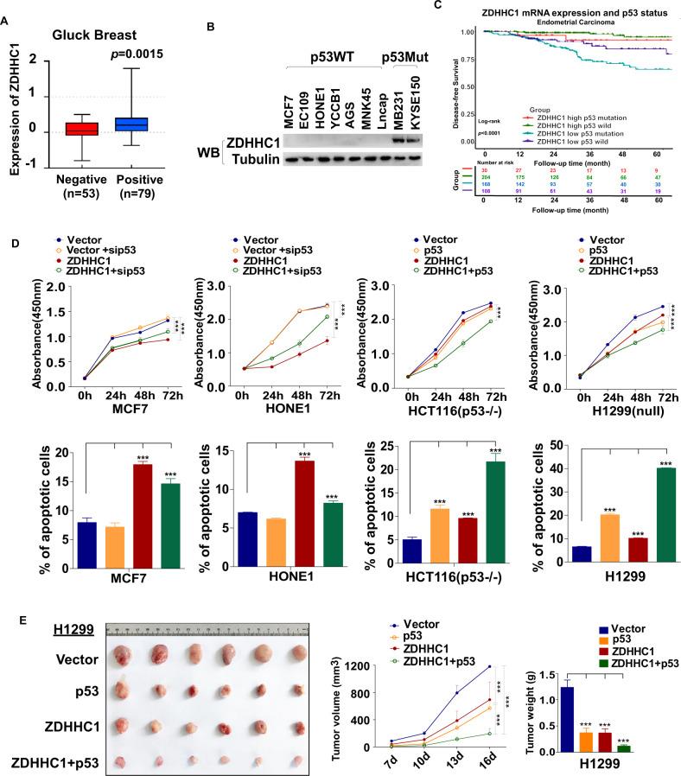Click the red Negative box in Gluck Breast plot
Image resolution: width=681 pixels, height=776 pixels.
click(x=77, y=129)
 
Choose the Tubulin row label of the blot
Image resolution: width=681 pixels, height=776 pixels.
click(x=252, y=158)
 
